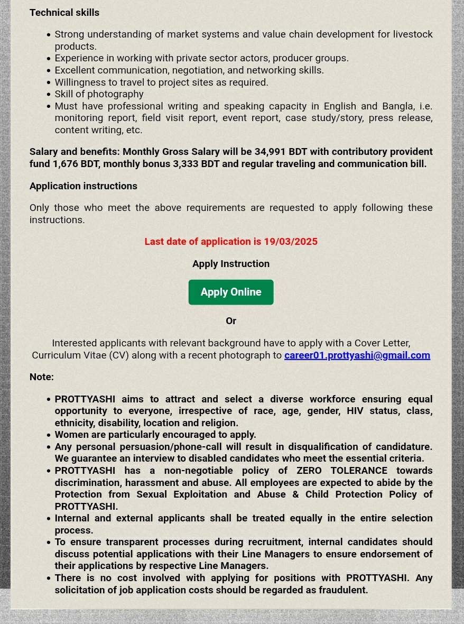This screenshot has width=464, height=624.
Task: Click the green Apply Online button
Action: [x=231, y=292]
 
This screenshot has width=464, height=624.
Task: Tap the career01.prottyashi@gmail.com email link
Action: [x=357, y=355]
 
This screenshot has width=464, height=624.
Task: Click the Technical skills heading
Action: [x=64, y=13]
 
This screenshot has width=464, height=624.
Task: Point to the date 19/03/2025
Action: [x=291, y=242]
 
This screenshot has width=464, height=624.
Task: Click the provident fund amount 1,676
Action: [x=65, y=164]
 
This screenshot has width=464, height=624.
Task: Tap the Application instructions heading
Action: [x=83, y=186]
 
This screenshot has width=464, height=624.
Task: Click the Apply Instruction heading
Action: [x=231, y=264]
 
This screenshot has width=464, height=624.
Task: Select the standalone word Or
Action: [x=231, y=321]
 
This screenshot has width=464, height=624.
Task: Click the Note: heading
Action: [x=41, y=377]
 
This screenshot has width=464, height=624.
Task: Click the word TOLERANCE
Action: [x=359, y=471]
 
